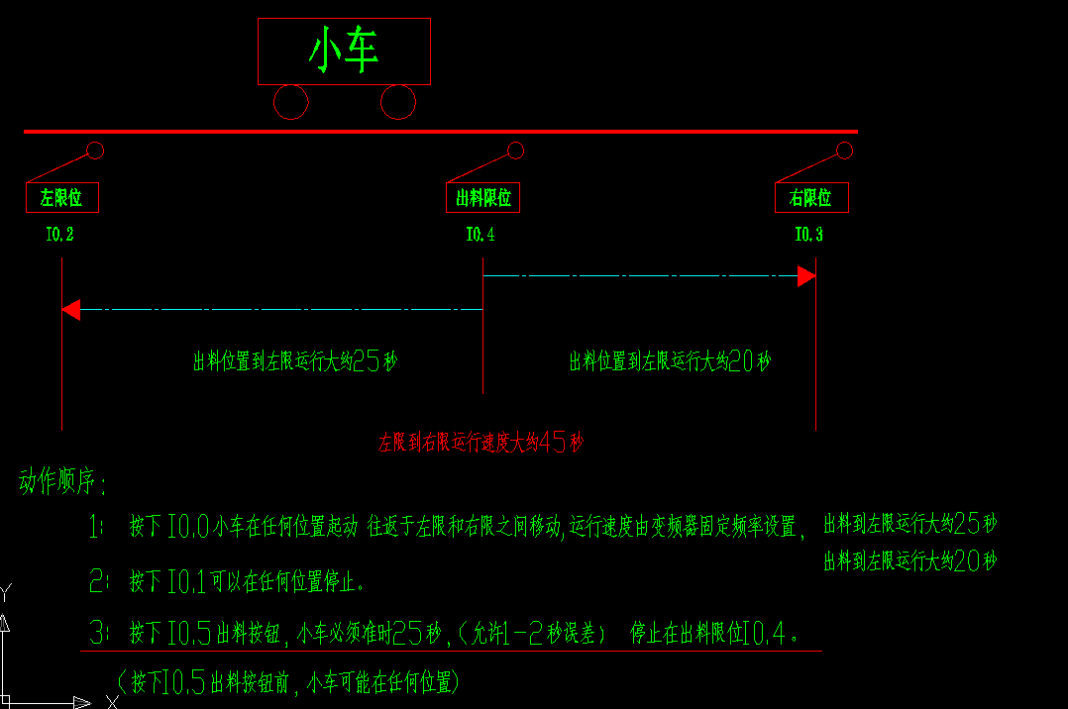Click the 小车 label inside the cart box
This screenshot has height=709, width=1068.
(x=344, y=51)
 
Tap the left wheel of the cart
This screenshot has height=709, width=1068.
(x=290, y=101)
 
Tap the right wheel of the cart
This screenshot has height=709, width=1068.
(x=397, y=101)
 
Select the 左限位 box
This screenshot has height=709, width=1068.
(x=61, y=198)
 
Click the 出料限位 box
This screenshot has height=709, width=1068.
(x=482, y=198)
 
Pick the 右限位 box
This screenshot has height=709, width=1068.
(x=811, y=198)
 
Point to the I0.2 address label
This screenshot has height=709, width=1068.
(x=60, y=236)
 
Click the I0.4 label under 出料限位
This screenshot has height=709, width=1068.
(x=481, y=236)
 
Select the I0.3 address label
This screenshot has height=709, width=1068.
(x=808, y=236)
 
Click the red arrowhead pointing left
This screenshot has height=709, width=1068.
(x=70, y=310)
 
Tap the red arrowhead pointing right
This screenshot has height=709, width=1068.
(x=806, y=275)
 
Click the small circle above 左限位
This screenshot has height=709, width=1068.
(x=95, y=151)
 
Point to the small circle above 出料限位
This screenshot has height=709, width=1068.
(x=515, y=151)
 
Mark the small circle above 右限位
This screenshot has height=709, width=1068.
(x=844, y=151)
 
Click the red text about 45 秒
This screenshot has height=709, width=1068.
(x=481, y=443)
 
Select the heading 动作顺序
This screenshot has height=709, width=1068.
(x=62, y=484)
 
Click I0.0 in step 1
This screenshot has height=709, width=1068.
(x=187, y=527)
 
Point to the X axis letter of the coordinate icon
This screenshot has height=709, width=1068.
(x=112, y=701)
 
